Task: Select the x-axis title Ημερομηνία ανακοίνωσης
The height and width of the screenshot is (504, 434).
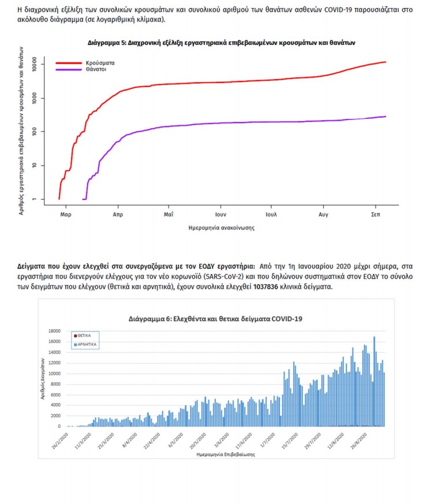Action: (222, 227)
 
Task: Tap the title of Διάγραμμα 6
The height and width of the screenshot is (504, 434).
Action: (215, 318)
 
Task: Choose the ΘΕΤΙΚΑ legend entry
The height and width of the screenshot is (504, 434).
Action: (85, 335)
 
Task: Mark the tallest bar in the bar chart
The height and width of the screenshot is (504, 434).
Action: (375, 381)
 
